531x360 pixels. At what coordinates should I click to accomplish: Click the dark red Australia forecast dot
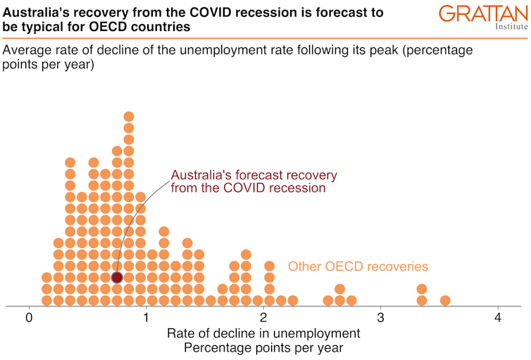pos(117,278)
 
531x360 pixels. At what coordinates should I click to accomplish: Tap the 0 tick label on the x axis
pos(29,318)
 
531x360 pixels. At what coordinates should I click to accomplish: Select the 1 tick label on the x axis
pos(146,318)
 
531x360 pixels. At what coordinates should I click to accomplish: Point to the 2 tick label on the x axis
pos(263,318)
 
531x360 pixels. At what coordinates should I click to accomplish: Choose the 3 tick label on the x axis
pos(381,318)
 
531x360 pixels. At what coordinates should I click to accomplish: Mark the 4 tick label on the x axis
pos(498,318)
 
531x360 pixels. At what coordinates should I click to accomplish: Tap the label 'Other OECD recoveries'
pos(358,267)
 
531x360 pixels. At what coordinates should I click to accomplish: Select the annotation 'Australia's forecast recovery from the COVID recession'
pos(254,182)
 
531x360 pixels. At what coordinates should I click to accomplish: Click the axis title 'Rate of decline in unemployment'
pos(263,333)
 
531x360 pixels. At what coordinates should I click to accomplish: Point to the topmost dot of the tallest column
pos(129,117)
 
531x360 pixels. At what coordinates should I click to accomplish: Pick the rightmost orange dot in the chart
pos(445,300)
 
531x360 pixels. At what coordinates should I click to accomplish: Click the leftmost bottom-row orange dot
pos(46,300)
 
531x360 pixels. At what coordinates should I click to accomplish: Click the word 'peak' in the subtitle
pos(392,51)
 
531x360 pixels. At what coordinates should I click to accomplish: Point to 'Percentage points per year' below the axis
pos(263,348)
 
